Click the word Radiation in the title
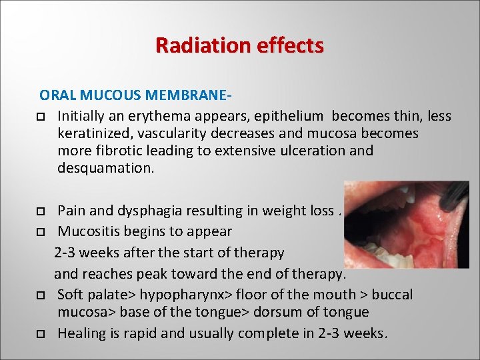click(192, 45)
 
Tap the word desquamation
click(105, 168)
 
